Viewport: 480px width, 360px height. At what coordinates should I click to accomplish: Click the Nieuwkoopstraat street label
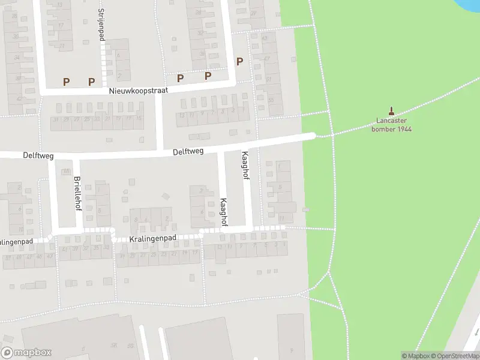click(138, 91)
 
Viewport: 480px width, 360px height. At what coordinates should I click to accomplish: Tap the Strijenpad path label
click(101, 25)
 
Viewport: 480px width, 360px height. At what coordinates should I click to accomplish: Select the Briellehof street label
click(77, 193)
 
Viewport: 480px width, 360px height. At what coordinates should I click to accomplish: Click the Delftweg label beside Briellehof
click(38, 156)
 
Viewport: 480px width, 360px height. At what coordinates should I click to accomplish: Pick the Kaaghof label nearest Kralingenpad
click(223, 212)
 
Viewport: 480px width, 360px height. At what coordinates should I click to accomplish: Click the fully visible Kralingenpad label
click(152, 239)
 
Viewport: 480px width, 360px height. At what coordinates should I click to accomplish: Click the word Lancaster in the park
click(391, 121)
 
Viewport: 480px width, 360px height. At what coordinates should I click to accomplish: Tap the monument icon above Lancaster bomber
click(392, 110)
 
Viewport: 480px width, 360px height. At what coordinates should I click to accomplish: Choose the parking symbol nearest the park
click(239, 61)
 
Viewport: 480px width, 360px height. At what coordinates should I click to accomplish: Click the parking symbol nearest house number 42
click(66, 82)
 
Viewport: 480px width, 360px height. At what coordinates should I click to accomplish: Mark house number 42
click(19, 98)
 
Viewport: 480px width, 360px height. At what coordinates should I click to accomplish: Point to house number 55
click(271, 100)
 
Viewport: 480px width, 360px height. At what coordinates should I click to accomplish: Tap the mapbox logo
click(26, 353)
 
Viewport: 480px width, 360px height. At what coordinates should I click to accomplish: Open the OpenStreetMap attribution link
click(455, 356)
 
